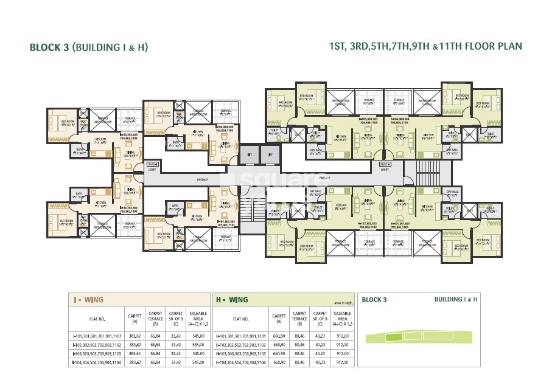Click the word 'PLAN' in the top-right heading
click(x=508, y=46)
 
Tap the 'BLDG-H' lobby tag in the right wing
click(x=385, y=164)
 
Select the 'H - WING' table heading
click(x=232, y=299)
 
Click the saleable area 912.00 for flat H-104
click(x=343, y=362)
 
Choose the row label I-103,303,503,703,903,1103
click(x=97, y=353)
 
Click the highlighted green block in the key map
click(x=396, y=336)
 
